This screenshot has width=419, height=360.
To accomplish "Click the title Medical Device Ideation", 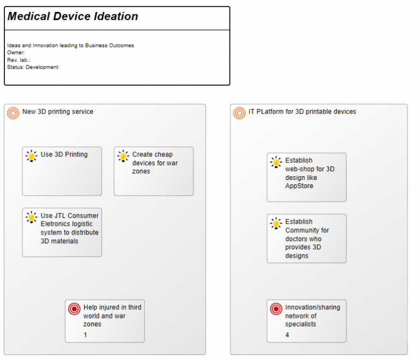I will point(73,17).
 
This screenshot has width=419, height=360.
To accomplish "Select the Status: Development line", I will point(33,67).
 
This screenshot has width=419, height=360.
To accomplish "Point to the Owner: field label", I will point(16,52).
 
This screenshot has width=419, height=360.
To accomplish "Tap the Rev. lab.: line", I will point(19,60).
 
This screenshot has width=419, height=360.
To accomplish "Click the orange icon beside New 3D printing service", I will point(13,113).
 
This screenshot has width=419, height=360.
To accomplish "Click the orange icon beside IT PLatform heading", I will point(239,113).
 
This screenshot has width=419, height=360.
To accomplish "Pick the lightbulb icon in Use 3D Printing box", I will point(32,156).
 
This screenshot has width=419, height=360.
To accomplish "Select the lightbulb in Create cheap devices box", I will point(123,156).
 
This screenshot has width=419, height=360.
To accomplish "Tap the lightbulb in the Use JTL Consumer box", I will point(32,217).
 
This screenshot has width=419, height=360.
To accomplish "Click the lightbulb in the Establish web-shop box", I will point(276,162).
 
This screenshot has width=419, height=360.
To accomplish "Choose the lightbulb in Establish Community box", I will point(276,223).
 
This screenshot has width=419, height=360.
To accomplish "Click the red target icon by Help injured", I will point(74,309).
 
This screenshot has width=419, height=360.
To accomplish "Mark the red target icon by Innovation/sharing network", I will point(276,309).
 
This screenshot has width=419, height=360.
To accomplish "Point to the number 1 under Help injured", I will point(85,335).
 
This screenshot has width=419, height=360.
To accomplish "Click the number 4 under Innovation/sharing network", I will point(287,335).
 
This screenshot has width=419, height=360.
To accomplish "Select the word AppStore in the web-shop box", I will point(299,186).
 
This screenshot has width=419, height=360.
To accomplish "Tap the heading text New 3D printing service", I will point(57,112).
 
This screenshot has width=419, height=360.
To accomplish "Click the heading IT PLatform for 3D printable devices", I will point(302,112).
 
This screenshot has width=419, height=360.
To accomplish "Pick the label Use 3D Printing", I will point(64,154).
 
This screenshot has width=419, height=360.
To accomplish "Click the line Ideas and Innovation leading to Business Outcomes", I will point(70,45).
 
